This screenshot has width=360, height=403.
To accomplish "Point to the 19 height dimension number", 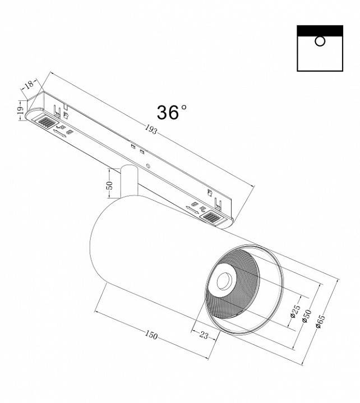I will [19, 110].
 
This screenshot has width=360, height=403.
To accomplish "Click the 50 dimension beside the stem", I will [110, 185].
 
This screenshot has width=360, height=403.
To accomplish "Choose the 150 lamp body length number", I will [150, 335].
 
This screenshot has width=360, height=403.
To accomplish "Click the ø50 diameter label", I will [306, 316].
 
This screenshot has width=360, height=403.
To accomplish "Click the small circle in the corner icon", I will [320, 41].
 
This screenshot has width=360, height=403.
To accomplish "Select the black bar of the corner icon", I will [320, 30].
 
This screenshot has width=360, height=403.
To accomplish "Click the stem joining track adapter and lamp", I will [128, 179].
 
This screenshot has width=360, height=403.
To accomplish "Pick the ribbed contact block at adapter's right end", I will [212, 217].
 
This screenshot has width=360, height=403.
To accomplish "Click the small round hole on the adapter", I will [147, 166].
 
